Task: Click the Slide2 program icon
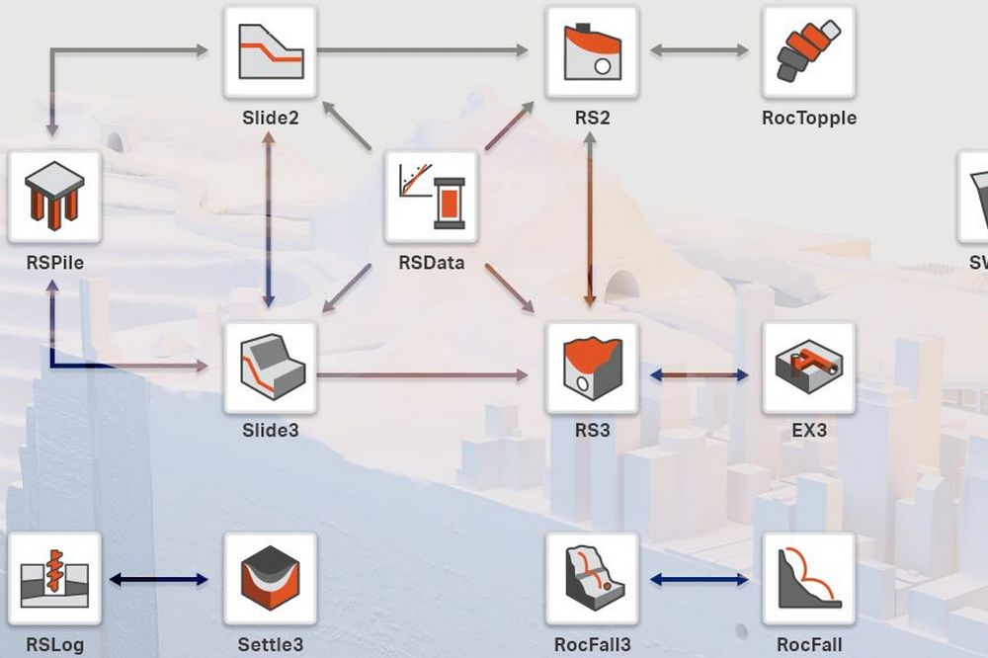point(270,51)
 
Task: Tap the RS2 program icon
point(592,51)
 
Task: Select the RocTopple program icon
point(808,51)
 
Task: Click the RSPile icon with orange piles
point(54,197)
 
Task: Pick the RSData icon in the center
point(431,197)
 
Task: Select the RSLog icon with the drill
point(54,578)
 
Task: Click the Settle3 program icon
point(270,578)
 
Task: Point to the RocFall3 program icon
point(592,578)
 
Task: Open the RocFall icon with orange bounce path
point(808,578)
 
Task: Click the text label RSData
point(431,264)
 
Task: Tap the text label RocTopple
point(808,119)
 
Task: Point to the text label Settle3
point(270,646)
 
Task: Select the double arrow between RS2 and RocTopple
point(700,50)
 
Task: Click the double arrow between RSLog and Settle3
point(159,579)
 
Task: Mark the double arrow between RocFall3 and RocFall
point(700,579)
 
